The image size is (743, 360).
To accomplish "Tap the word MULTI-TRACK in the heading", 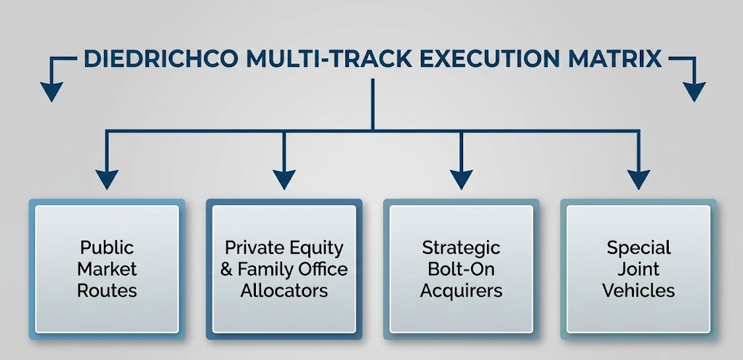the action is [x=329, y=59].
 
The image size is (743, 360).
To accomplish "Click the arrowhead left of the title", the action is [x=52, y=92].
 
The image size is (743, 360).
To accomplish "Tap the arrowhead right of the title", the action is [x=694, y=92].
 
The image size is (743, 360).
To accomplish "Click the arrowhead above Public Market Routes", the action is [x=107, y=180].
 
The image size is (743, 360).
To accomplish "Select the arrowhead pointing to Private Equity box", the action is [x=284, y=180].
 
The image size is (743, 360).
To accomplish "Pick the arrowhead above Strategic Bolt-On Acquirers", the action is [x=461, y=180].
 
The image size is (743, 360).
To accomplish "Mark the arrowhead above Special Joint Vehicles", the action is [x=638, y=180].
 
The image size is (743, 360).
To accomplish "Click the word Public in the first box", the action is [x=107, y=247].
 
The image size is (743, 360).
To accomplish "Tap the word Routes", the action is [x=107, y=290].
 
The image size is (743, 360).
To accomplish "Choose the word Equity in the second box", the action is [x=316, y=248].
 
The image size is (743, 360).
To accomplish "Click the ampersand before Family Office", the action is [x=227, y=269].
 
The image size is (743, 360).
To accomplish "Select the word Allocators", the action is [x=284, y=290].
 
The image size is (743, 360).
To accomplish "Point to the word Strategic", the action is [x=461, y=247].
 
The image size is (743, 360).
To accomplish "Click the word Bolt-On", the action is [x=461, y=269].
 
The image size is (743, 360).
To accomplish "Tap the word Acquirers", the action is [x=461, y=291].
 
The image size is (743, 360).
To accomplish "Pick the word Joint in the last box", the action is [x=638, y=269].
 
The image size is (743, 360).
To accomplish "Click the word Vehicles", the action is [x=638, y=290].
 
